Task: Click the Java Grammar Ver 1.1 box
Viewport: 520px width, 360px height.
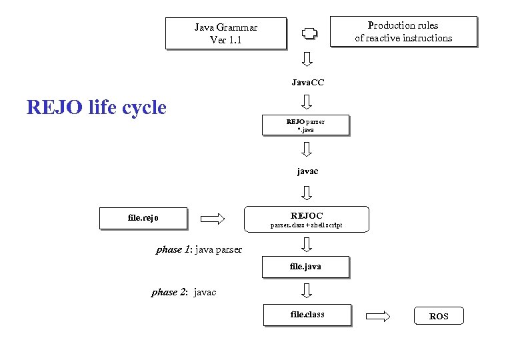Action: (x=226, y=33)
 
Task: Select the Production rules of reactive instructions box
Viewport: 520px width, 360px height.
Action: (x=403, y=31)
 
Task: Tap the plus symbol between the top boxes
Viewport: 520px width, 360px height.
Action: (x=307, y=33)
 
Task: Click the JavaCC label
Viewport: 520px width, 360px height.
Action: (x=307, y=83)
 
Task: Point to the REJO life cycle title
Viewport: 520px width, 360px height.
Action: (x=96, y=107)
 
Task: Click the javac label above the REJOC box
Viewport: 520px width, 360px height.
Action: (x=307, y=171)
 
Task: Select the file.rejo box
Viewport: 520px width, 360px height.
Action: (x=143, y=217)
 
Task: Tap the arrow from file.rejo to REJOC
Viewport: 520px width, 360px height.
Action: (x=213, y=217)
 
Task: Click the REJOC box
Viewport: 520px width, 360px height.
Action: (x=307, y=219)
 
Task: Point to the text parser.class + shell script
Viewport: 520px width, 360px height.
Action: (x=306, y=225)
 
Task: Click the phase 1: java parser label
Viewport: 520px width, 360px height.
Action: (x=199, y=249)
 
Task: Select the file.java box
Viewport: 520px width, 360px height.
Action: (x=305, y=266)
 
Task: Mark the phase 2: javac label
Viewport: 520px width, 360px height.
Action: (x=184, y=292)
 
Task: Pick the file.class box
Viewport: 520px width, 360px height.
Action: (x=307, y=315)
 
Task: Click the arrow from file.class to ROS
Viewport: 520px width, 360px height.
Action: (x=378, y=316)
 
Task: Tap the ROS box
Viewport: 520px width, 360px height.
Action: (x=439, y=316)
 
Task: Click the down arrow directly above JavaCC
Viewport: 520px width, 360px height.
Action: (x=307, y=59)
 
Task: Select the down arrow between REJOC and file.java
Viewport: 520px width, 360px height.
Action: (x=307, y=245)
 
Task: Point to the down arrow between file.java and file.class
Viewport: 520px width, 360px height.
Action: (x=307, y=291)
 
